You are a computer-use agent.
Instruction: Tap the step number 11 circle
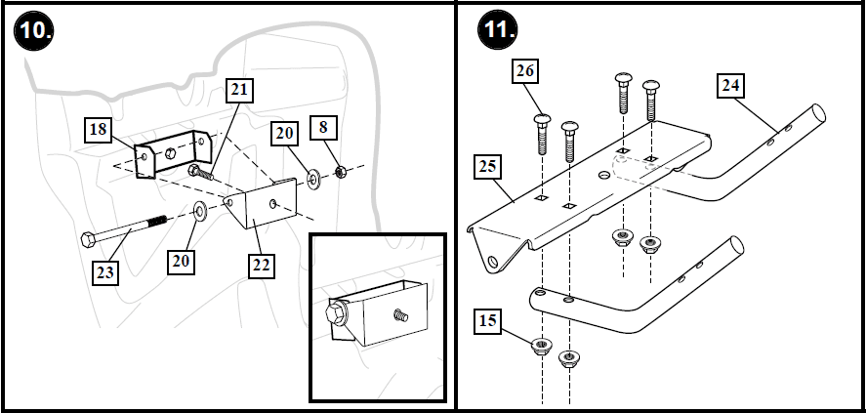tap(498, 30)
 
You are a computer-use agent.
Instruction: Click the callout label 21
tap(239, 91)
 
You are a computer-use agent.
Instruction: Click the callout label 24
tap(730, 87)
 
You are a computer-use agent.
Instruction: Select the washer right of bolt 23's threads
tap(199, 211)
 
